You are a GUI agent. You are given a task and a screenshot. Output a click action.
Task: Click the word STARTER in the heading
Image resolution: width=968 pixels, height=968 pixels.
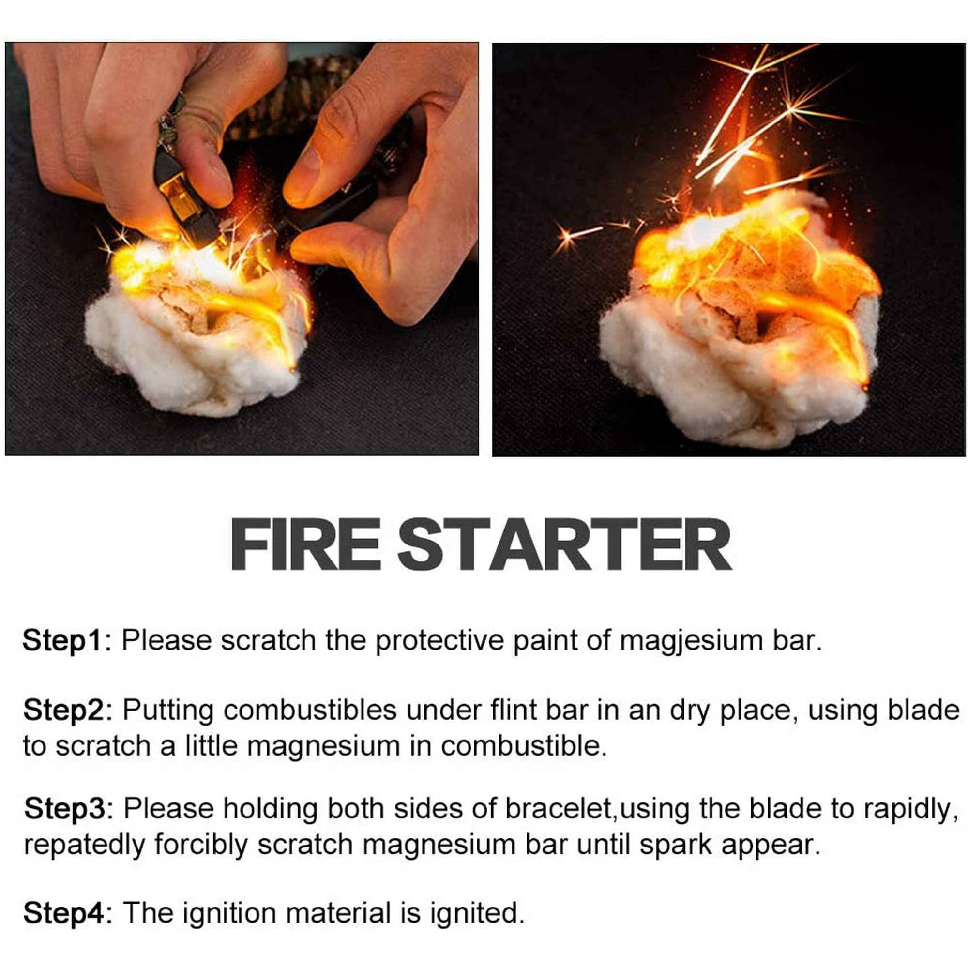tap(565, 545)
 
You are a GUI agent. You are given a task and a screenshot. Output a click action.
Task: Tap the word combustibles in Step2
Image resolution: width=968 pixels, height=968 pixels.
tap(310, 711)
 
